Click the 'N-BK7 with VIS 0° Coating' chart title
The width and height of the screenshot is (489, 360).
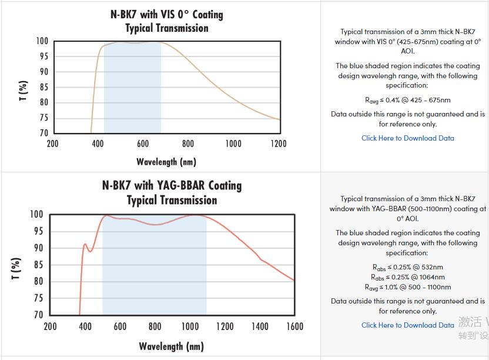(166, 14)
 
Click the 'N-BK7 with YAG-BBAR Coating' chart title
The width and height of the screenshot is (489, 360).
(172, 185)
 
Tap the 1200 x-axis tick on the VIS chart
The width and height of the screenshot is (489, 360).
(278, 144)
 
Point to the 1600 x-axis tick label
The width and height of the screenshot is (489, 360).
(294, 326)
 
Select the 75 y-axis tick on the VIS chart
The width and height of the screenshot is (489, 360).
(43, 118)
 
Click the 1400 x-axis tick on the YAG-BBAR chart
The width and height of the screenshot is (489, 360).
(259, 326)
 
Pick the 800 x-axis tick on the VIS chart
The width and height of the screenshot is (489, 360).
(187, 144)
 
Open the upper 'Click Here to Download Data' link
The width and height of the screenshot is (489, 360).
(408, 138)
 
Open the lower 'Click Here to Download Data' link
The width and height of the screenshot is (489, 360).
(408, 325)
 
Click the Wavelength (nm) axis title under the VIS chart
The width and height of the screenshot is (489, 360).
(166, 161)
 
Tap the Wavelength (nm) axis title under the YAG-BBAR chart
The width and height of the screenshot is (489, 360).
(172, 346)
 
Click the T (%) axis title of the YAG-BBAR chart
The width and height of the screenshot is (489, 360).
(17, 268)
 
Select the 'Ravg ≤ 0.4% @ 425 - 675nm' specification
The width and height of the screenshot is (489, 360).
(408, 101)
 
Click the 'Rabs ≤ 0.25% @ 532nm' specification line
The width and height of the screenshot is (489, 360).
(408, 268)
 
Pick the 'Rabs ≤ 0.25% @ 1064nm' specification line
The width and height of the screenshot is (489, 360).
(408, 277)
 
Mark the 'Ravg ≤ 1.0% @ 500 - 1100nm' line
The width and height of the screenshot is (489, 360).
(408, 287)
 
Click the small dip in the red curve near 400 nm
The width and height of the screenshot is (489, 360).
(90, 251)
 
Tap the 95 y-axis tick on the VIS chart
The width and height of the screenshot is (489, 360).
(43, 56)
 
